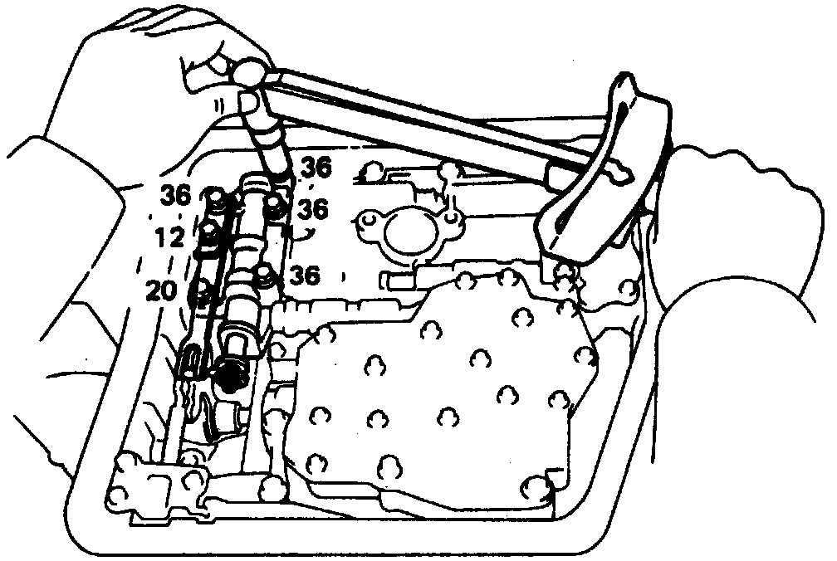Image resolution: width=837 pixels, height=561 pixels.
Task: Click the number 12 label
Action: [x=169, y=239]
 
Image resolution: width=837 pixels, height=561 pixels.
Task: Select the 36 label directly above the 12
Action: [x=177, y=196]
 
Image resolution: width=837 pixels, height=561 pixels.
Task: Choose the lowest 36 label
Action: [x=305, y=276]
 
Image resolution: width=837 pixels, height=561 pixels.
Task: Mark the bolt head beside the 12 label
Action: [x=211, y=237]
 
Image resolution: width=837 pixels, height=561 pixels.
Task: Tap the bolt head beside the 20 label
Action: [x=200, y=292]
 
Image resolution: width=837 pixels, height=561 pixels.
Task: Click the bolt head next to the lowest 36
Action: [x=265, y=274]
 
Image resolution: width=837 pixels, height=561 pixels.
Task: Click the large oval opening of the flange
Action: [x=409, y=232]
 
